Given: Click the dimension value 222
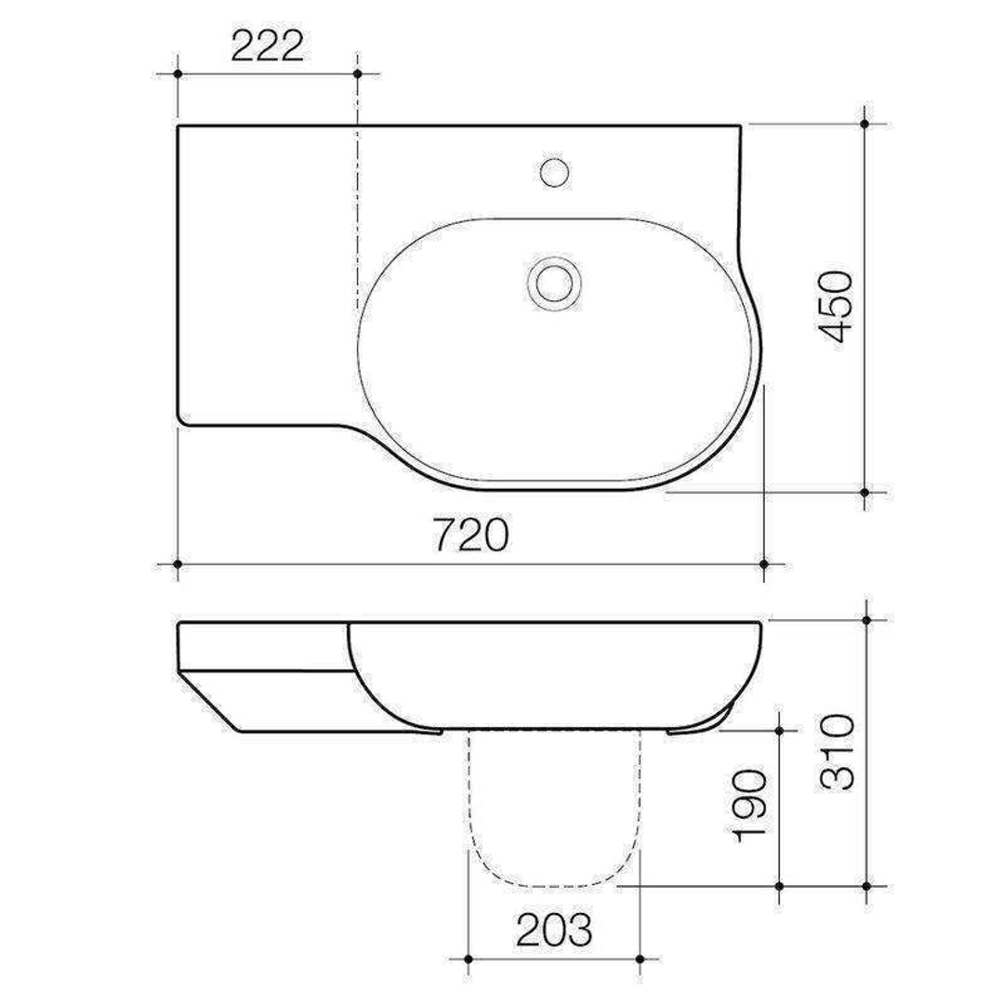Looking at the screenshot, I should point(267,46).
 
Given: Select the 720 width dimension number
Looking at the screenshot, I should point(470,536).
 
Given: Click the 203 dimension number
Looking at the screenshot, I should point(554,930).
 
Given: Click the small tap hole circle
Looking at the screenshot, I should point(555,171).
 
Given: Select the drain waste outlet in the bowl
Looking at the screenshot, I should point(555,280).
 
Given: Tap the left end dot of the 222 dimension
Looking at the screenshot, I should point(177,73).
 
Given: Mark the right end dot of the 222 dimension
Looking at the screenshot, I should point(358,73).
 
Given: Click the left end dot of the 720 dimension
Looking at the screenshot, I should point(177,563).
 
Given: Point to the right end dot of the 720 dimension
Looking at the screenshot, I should point(764,563).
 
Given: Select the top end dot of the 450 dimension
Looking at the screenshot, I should point(865,123).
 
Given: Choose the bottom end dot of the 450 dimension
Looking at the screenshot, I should point(865,492).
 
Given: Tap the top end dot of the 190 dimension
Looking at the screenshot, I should point(779,731).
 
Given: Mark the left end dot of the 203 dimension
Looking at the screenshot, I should point(469,958).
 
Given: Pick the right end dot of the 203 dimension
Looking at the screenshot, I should point(641,958).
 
